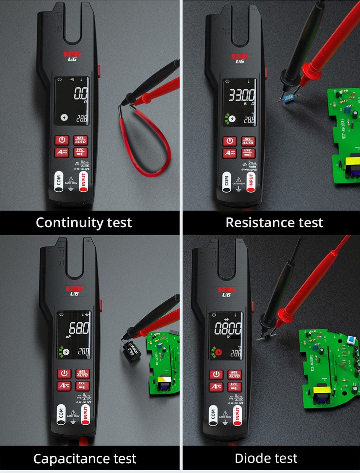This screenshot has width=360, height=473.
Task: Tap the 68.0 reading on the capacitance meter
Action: click(x=79, y=328)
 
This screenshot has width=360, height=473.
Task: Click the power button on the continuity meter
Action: click(x=62, y=140)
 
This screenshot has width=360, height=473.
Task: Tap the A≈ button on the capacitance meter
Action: click(x=64, y=386)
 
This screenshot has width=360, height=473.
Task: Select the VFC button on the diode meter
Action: click(x=234, y=387)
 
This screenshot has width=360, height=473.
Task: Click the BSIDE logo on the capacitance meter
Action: click(x=75, y=288)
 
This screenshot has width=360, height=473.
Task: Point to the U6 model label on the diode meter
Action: click(x=226, y=295)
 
